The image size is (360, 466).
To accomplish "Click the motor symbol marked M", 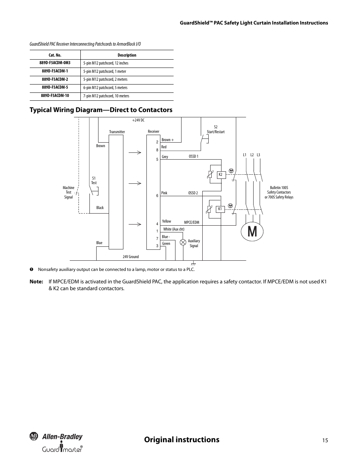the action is click(x=252, y=232).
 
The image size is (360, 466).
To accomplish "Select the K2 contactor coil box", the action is click(x=221, y=175).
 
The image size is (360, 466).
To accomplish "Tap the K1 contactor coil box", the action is click(x=220, y=209).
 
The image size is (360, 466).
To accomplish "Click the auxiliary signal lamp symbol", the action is click(x=183, y=242).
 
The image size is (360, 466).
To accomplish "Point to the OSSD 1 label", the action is click(x=194, y=157).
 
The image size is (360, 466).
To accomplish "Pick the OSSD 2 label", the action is click(x=193, y=193).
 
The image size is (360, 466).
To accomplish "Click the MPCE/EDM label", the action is click(x=191, y=222).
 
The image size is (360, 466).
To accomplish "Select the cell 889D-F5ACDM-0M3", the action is click(x=55, y=63).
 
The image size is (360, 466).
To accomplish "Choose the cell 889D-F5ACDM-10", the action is click(x=55, y=95).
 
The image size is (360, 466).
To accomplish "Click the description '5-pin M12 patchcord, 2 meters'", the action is click(x=105, y=79).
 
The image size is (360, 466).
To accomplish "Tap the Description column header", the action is click(x=127, y=55).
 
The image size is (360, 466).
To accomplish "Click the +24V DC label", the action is click(x=138, y=120).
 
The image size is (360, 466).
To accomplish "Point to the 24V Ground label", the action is click(x=131, y=257).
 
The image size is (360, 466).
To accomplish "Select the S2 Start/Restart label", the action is click(x=216, y=129).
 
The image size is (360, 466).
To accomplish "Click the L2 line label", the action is click(x=252, y=155).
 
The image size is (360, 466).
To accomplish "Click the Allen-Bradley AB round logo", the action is click(x=34, y=436).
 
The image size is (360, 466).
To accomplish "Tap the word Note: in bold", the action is click(x=36, y=281).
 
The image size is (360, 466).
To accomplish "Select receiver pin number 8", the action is click(x=157, y=150).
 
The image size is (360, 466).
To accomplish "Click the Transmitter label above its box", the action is click(x=117, y=132).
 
